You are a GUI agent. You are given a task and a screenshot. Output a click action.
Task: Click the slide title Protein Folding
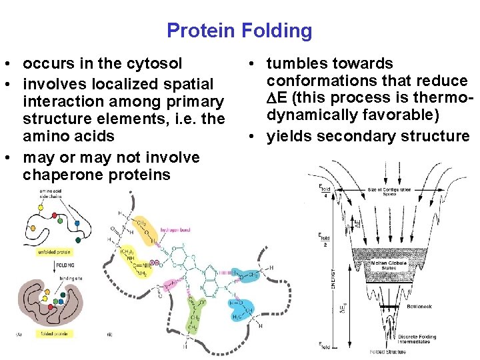239,31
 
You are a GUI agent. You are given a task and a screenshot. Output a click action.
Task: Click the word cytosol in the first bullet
155,64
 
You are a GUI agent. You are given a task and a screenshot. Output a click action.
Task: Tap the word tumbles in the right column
295,64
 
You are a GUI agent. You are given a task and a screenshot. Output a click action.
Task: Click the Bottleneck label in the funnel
418,307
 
